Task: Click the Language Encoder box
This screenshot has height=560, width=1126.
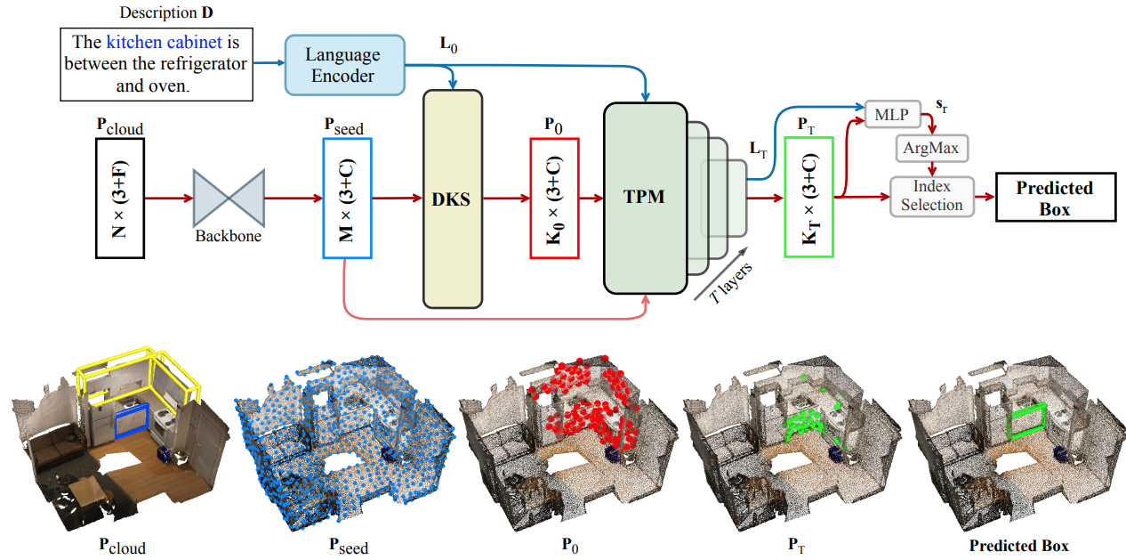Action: (345, 65)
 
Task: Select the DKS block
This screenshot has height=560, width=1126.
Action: (452, 199)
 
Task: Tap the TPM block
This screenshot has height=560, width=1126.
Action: (644, 198)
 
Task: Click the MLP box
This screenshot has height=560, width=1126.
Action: (891, 115)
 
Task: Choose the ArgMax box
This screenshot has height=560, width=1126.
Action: (931, 148)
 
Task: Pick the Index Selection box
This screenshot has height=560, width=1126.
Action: (931, 196)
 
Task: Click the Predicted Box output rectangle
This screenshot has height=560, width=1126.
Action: (1054, 198)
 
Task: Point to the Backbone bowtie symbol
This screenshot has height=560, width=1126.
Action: (229, 199)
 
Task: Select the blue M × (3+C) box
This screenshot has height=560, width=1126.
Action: (347, 199)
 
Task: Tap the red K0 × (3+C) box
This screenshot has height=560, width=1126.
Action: (554, 199)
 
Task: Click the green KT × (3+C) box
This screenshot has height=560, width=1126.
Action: (808, 198)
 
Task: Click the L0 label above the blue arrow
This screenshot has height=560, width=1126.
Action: (449, 44)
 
